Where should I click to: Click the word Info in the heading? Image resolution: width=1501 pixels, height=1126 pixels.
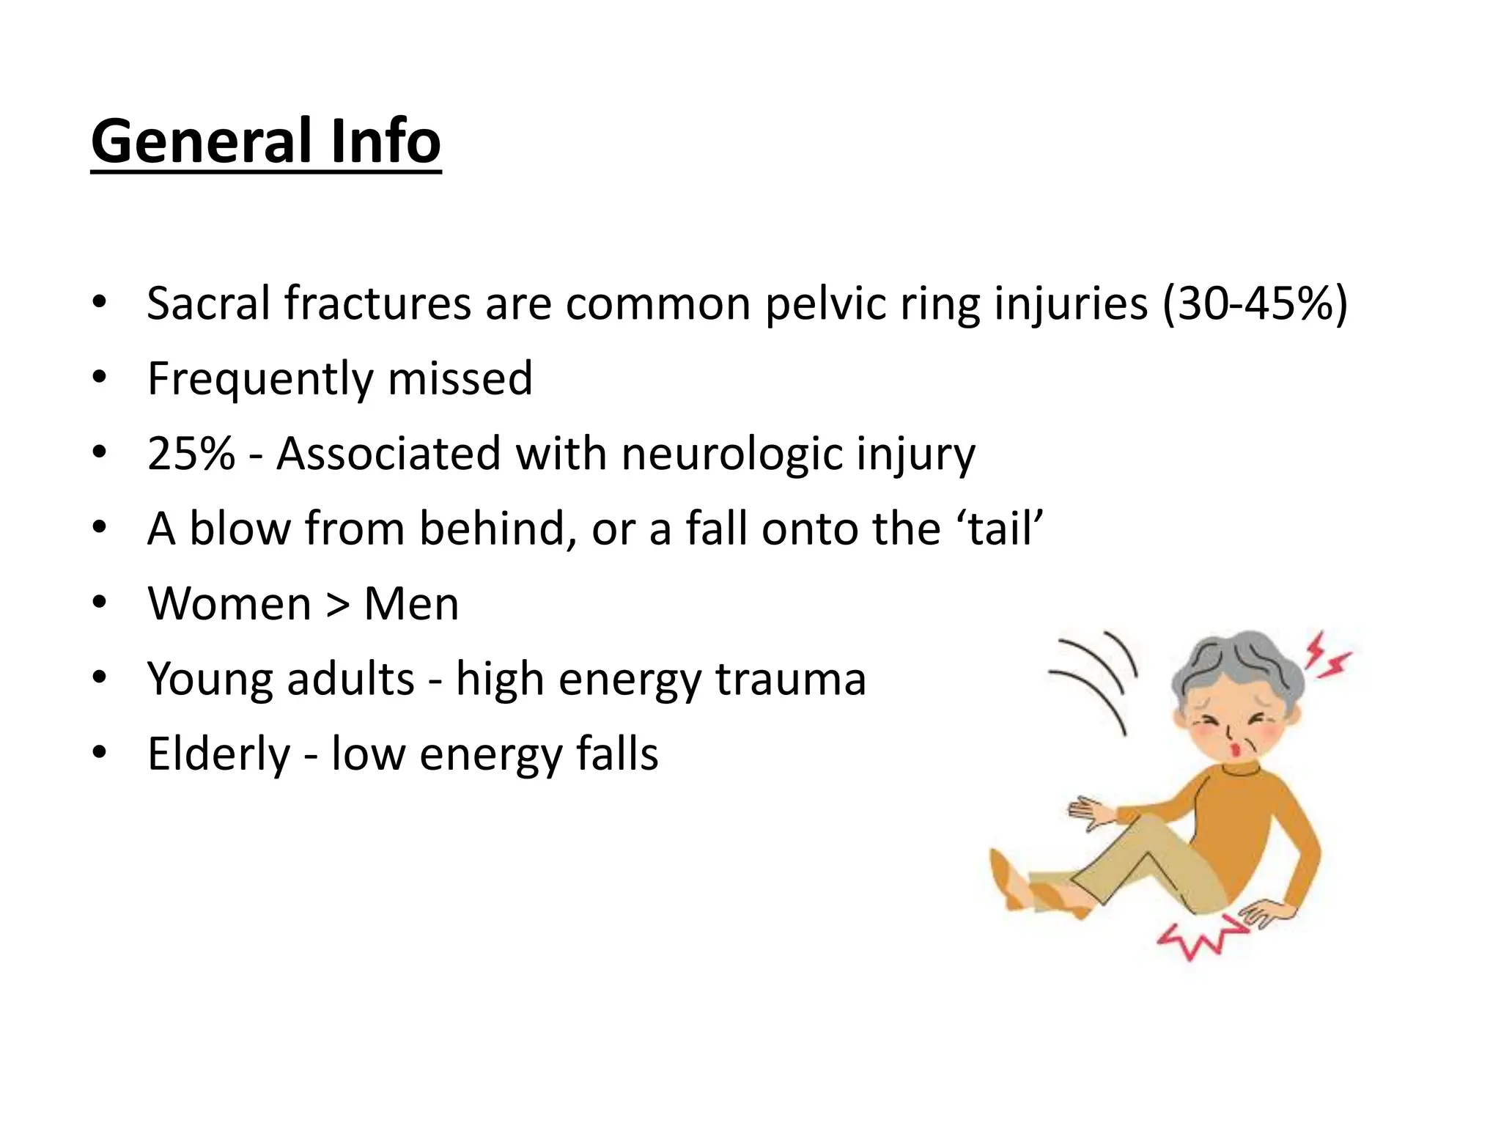pyautogui.click(x=386, y=141)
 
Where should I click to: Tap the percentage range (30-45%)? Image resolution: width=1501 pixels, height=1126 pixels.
pyautogui.click(x=1255, y=303)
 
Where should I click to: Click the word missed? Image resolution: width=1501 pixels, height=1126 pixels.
pyautogui.click(x=460, y=379)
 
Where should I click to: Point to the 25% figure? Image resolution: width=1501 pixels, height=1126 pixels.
pyautogui.click(x=191, y=454)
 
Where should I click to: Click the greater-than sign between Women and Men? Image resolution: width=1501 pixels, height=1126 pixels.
pyautogui.click(x=338, y=605)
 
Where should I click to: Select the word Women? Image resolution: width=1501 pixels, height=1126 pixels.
pyautogui.click(x=229, y=604)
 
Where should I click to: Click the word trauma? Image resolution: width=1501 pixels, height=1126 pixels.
pyautogui.click(x=791, y=680)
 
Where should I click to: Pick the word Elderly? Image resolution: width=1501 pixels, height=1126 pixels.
pyautogui.click(x=218, y=755)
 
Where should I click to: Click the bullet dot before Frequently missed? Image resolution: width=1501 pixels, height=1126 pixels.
pyautogui.click(x=100, y=378)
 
